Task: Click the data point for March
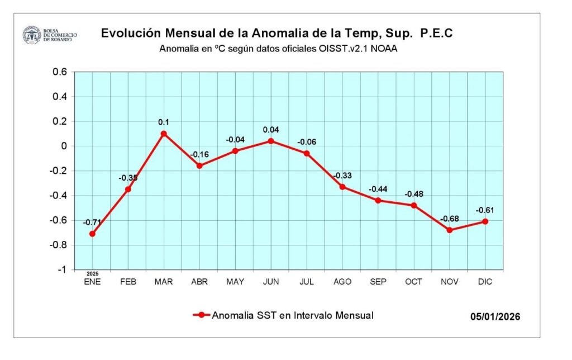pos(164,134)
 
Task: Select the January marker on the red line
pos(92,234)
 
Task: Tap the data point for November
pos(450,230)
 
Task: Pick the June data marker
pos(271,141)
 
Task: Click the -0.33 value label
pos(342,176)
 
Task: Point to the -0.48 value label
pos(413,194)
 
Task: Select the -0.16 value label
pos(199,154)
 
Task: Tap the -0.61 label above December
pos(485,210)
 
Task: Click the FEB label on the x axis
pos(128,282)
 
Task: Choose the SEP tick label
pos(378,282)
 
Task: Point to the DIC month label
pos(485,282)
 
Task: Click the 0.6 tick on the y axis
pos(60,72)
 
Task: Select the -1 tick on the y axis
pos(62,269)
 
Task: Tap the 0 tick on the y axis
pos(64,146)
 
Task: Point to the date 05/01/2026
pos(495,317)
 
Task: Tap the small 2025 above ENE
pos(92,274)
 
